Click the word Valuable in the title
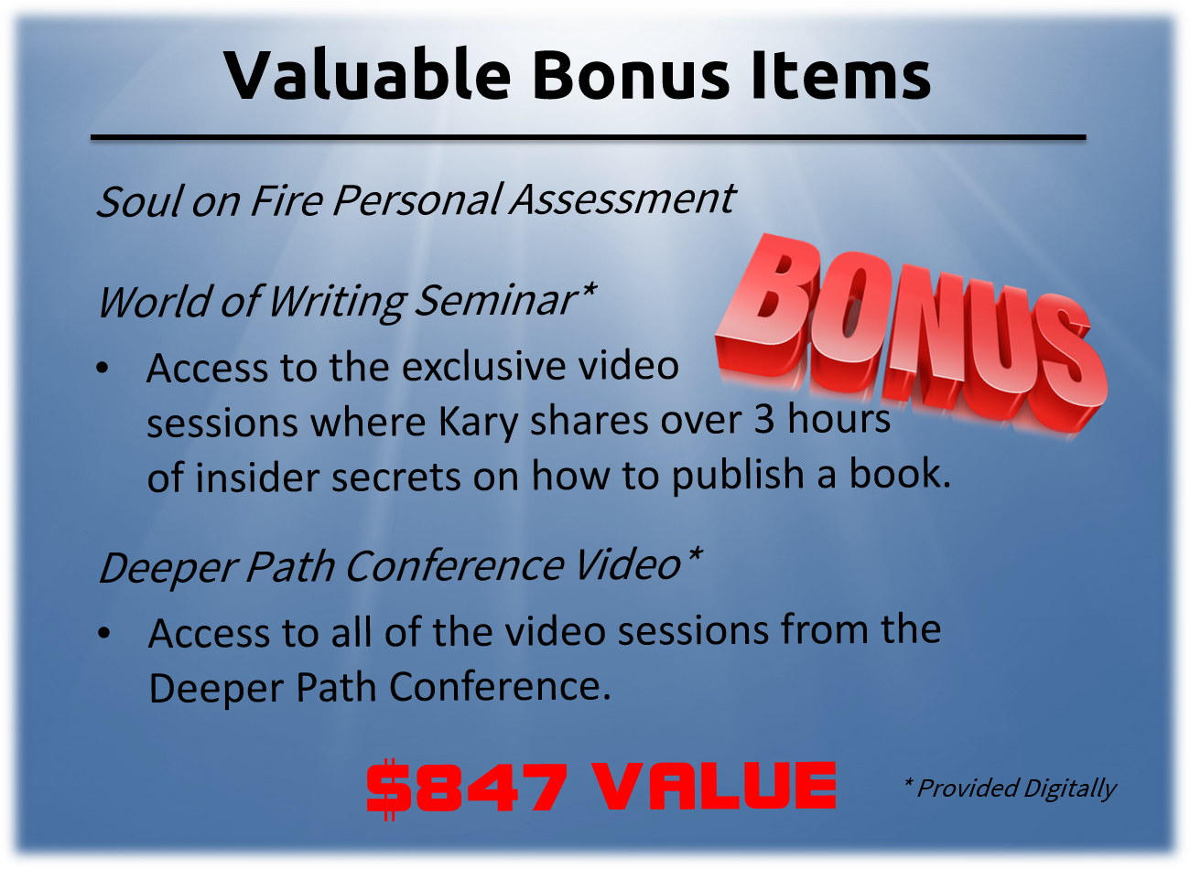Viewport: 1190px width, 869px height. point(366,74)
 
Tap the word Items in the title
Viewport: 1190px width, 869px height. point(841,74)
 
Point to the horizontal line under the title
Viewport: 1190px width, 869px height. point(588,137)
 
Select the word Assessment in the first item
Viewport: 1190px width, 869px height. point(622,200)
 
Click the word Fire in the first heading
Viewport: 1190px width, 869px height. point(287,200)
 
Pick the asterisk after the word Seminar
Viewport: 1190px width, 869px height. point(588,290)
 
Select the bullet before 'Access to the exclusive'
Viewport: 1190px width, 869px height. point(103,368)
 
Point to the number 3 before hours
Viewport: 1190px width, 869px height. point(764,418)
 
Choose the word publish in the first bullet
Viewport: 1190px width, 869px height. point(738,476)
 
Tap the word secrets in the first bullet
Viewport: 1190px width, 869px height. point(395,477)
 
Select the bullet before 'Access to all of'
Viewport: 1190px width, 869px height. point(104,633)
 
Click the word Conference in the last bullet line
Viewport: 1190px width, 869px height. point(500,687)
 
